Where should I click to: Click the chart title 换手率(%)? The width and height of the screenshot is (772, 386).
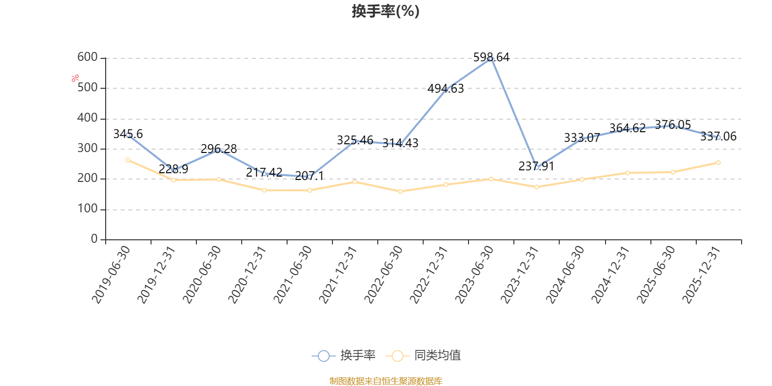click(386, 11)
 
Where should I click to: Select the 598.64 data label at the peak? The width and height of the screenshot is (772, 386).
click(491, 57)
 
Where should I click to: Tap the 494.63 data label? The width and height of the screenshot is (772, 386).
click(445, 89)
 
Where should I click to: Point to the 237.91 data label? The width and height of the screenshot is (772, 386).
click(536, 166)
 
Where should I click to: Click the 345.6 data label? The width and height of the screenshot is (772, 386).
click(128, 134)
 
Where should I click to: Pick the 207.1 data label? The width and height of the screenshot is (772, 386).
click(309, 176)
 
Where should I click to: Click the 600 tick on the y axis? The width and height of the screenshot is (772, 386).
click(87, 57)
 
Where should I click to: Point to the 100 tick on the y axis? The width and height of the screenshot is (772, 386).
click(87, 209)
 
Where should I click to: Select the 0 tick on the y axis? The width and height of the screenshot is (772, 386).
click(94, 239)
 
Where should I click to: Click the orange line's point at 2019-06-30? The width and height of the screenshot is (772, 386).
click(128, 160)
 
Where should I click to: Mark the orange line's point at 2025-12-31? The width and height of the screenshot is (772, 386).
click(718, 163)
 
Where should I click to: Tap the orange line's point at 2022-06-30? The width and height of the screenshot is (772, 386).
click(400, 192)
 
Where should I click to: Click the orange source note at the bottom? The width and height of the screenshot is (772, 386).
click(386, 381)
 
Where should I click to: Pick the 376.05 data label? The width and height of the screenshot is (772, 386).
click(673, 125)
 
